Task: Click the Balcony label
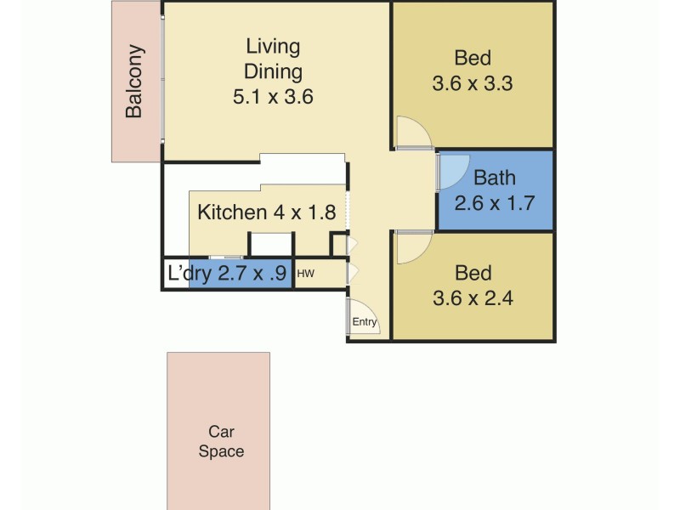coord(134,81)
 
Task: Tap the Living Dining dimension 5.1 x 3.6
coord(273,97)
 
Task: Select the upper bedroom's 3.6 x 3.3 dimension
coord(473,84)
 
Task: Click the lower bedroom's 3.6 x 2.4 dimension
coord(473,298)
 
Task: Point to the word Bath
coord(494,178)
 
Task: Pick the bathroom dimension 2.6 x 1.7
coord(494,204)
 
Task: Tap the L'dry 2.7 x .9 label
coord(227,274)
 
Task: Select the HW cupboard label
coord(305,274)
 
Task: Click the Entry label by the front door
coord(364,321)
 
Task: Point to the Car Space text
coord(221,441)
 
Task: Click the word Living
coord(273,46)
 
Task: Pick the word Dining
coord(273,71)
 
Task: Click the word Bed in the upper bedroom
coord(473,59)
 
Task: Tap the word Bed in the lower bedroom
coord(473,273)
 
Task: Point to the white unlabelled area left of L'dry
coord(175,275)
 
